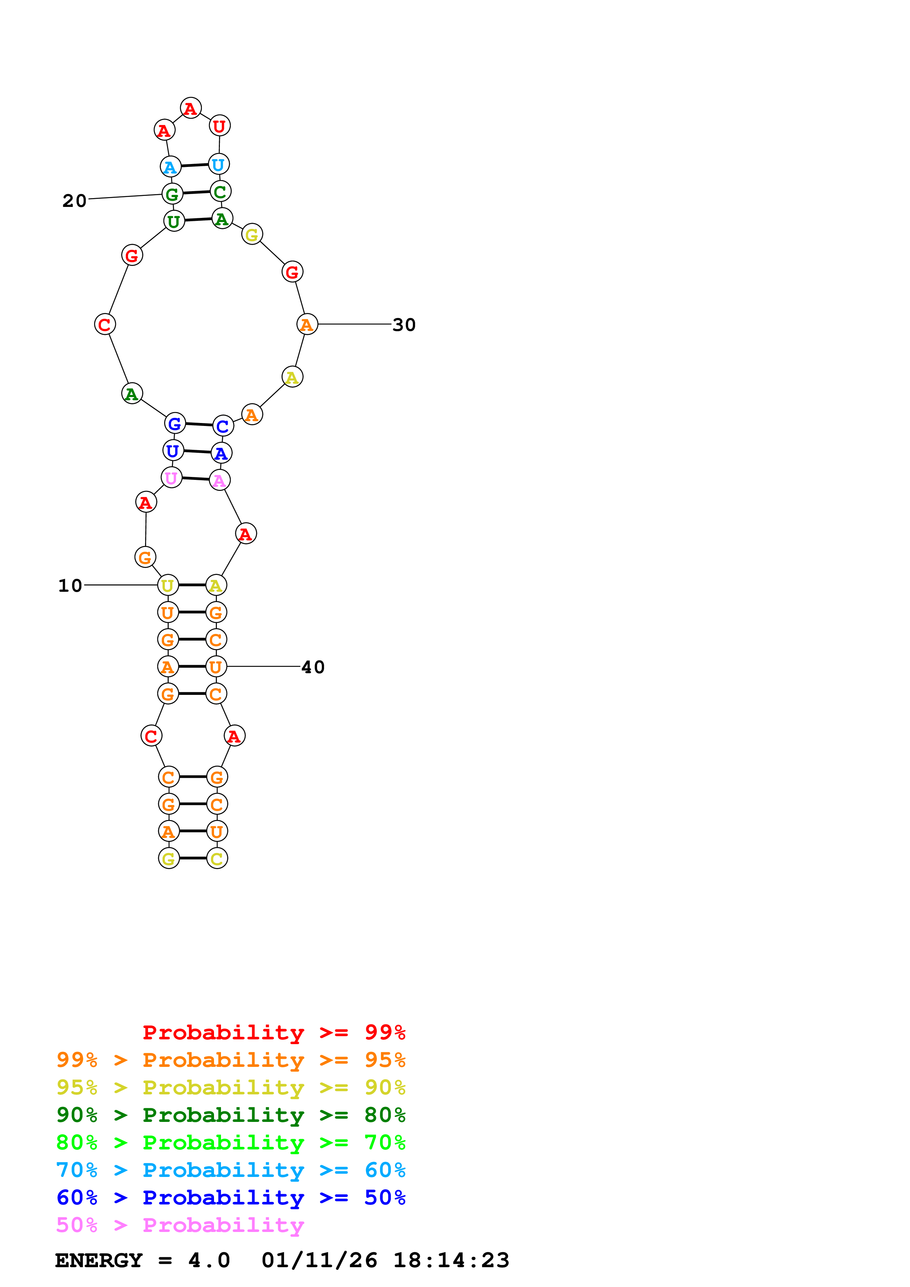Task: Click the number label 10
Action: click(70, 586)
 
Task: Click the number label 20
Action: click(75, 201)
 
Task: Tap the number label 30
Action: click(404, 325)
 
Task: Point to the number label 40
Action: click(313, 667)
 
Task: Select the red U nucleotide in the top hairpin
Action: click(219, 126)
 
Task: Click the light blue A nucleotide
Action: click(170, 167)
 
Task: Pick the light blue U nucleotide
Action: click(218, 165)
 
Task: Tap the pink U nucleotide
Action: click(171, 478)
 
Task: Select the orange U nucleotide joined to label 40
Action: click(216, 667)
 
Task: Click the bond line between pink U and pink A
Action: click(195, 479)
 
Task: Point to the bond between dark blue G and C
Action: click(199, 425)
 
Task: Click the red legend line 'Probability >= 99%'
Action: click(273, 1032)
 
